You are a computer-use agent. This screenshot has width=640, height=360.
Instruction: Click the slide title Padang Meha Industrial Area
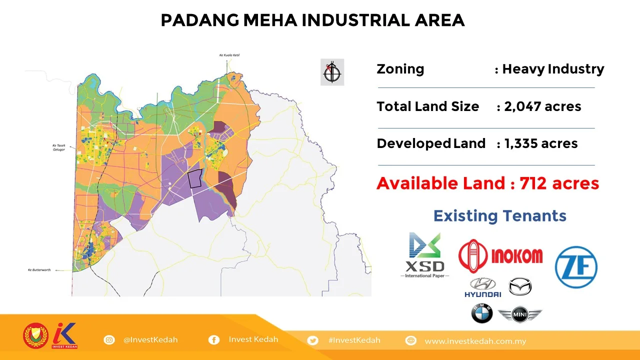tap(312, 20)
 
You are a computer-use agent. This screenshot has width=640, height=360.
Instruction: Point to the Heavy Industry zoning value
tap(553, 69)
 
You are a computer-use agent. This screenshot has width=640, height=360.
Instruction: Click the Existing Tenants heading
tap(499, 215)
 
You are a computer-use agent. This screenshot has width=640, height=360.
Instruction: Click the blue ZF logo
tap(576, 267)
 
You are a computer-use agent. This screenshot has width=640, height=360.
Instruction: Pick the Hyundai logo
tap(482, 287)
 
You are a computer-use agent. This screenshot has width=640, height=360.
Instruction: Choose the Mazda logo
tap(520, 286)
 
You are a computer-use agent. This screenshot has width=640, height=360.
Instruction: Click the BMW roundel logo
tap(482, 314)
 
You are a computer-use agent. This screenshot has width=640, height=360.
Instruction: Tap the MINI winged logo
tap(520, 315)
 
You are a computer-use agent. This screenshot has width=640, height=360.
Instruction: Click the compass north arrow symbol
tap(332, 72)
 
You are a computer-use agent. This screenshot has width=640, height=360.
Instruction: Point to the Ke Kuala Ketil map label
tap(229, 55)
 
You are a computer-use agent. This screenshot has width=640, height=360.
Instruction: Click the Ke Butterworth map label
tap(39, 270)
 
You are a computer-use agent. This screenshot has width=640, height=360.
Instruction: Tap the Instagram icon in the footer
tap(109, 340)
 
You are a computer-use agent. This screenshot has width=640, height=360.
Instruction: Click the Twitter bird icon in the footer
tap(313, 340)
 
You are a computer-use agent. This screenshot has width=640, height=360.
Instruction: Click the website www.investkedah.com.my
tap(475, 341)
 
